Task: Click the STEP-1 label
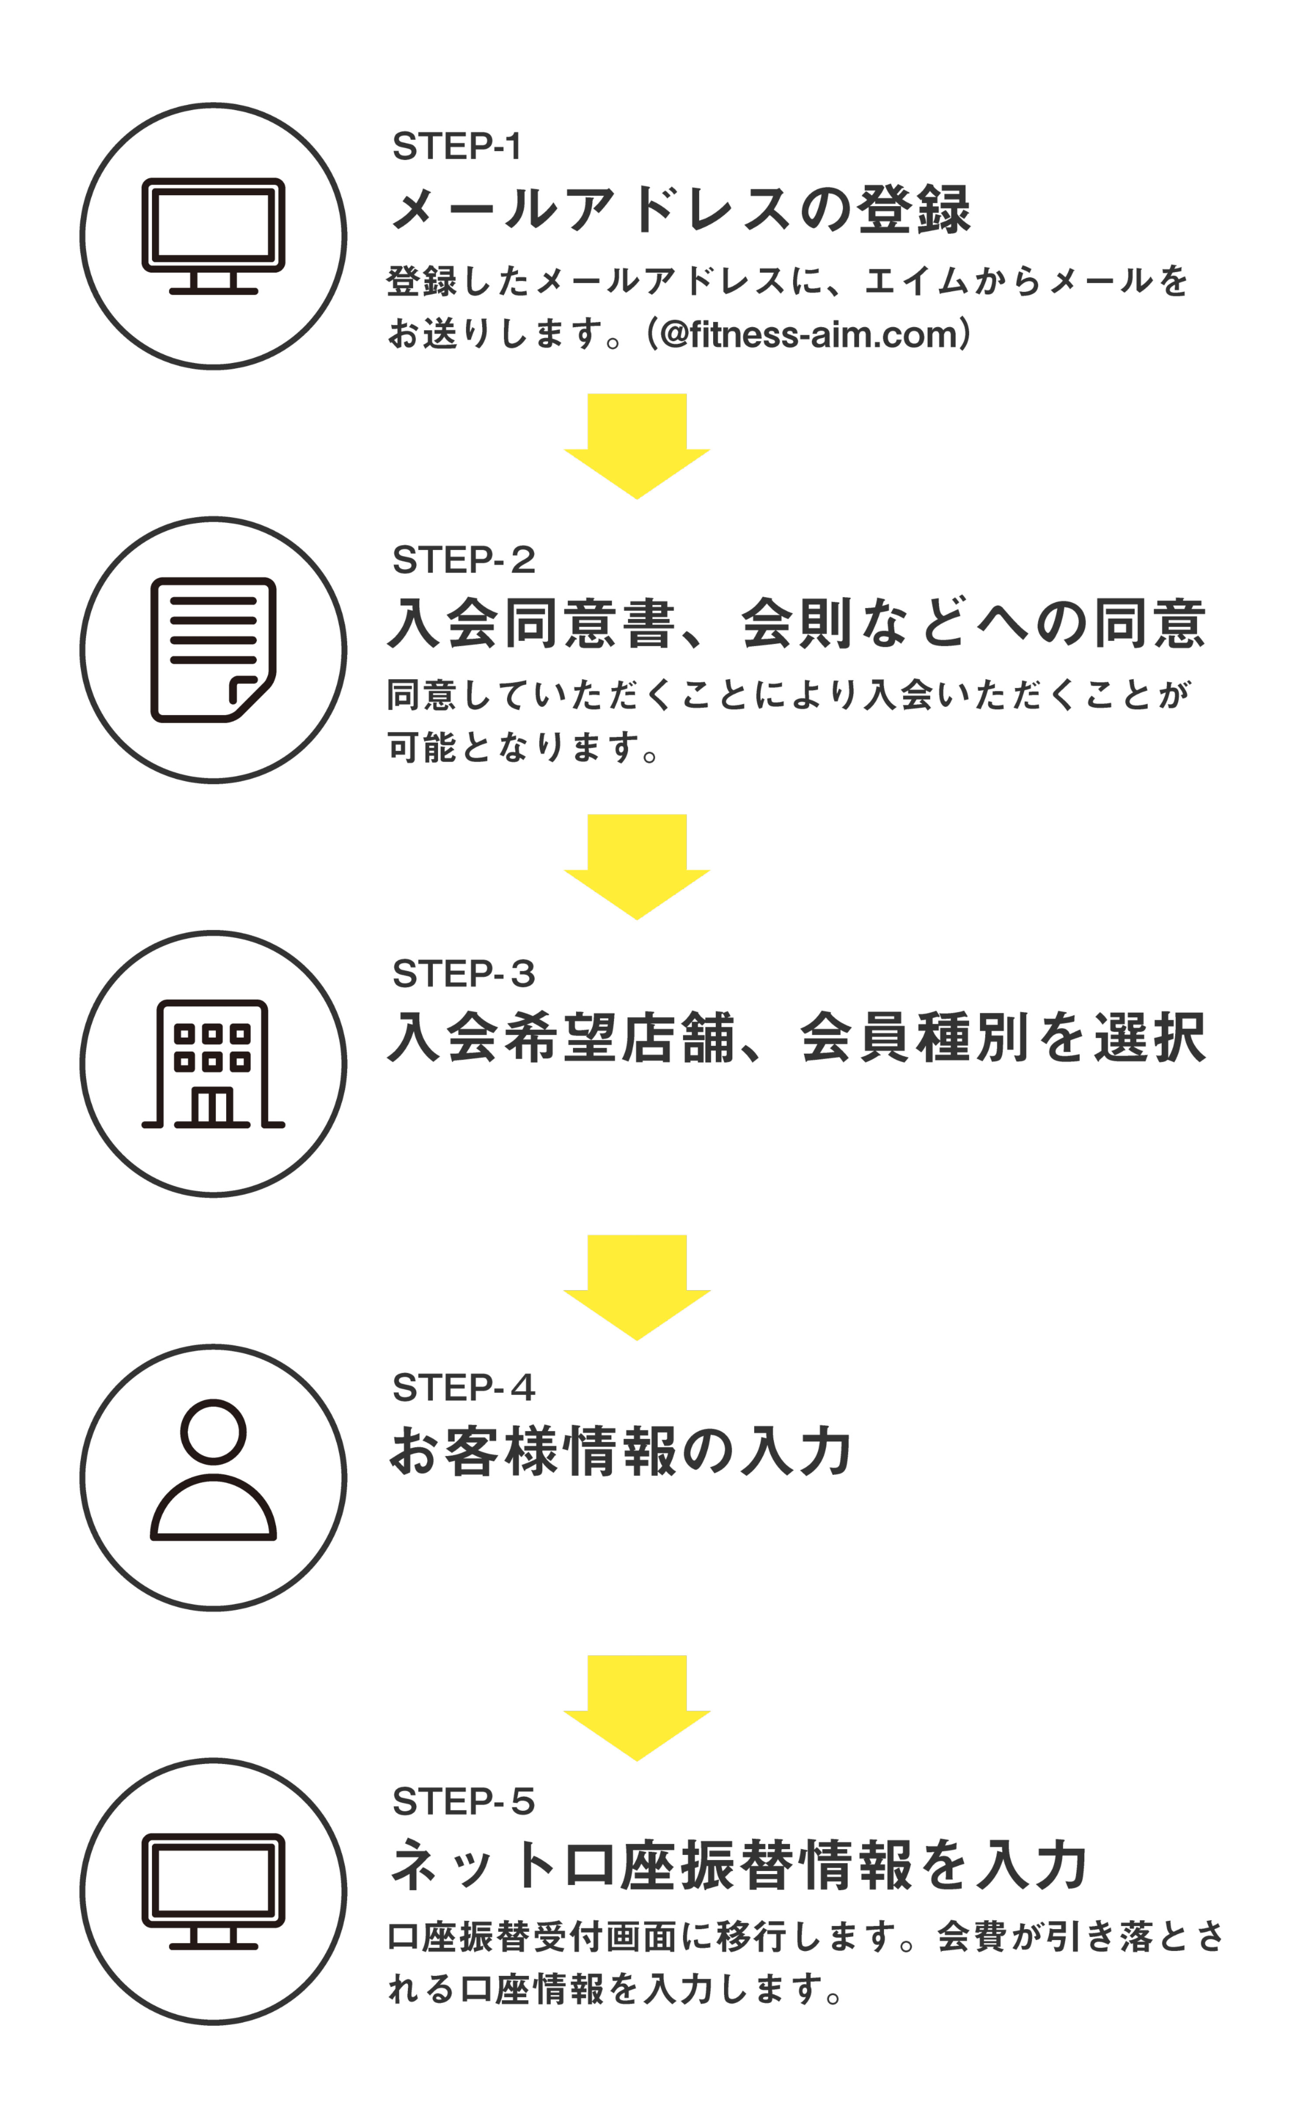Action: (457, 146)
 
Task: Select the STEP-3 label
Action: (464, 974)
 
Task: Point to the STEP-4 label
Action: (464, 1387)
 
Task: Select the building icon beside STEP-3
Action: (213, 1064)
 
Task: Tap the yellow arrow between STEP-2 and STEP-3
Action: (637, 865)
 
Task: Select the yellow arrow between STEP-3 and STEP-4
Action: (637, 1286)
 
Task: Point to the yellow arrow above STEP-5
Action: (637, 1706)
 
